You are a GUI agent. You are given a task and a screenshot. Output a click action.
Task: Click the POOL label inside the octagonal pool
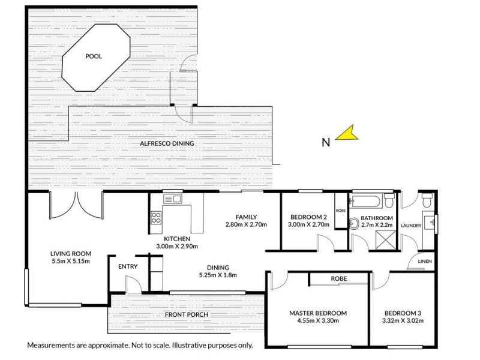coord(93,56)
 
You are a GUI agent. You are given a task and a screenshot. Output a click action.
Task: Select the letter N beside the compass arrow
coord(326,142)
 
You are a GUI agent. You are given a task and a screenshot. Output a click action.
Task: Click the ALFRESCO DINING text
coord(166,143)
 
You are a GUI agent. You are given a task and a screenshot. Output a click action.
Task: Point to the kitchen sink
coord(172,199)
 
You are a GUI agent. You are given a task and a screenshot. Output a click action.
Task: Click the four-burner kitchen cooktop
coord(156,218)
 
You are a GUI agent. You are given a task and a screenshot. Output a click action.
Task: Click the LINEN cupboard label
coord(424,262)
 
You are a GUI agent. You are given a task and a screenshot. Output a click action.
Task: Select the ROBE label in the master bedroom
coord(339,279)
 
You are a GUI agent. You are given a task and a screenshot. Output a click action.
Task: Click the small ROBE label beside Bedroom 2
coord(341,211)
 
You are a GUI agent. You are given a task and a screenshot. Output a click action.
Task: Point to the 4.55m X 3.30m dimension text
coord(318,321)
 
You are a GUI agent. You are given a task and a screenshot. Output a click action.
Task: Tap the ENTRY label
coord(127,267)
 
